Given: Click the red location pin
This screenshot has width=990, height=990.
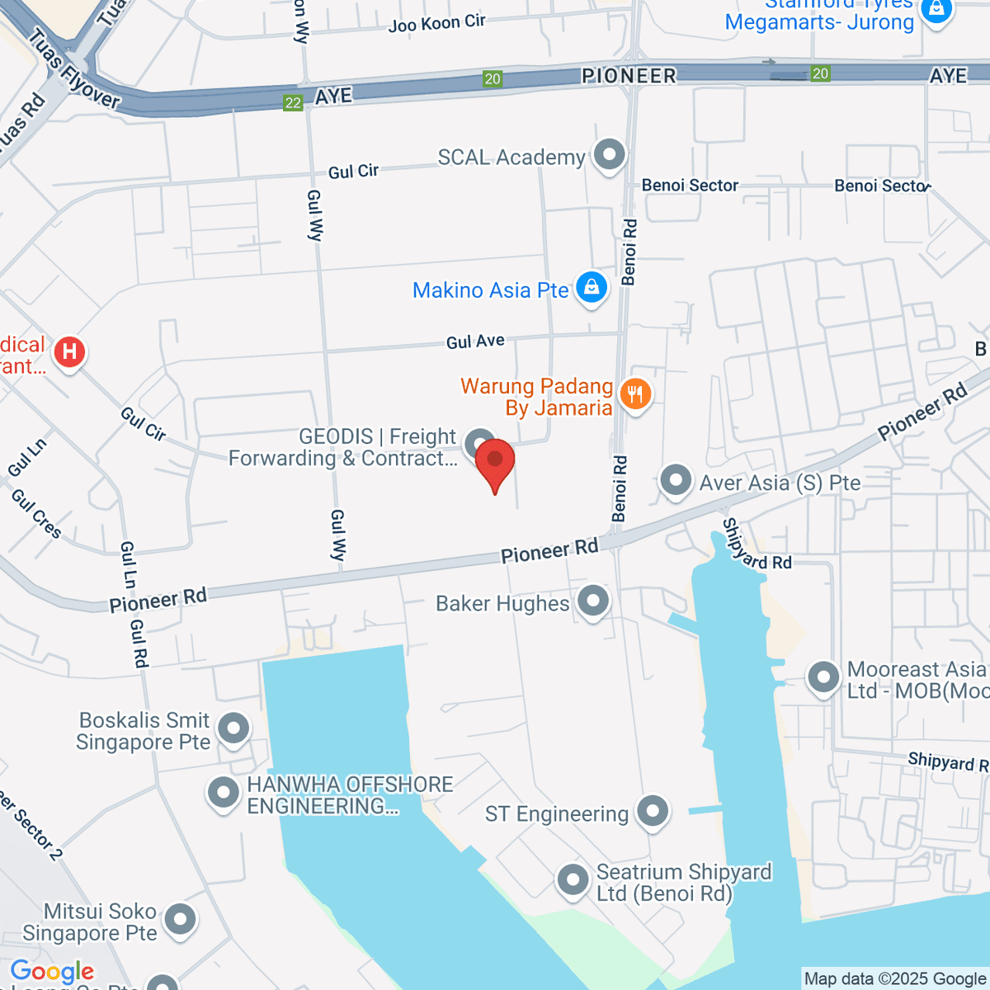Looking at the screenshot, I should (495, 460).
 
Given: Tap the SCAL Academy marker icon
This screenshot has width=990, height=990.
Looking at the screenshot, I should (610, 154).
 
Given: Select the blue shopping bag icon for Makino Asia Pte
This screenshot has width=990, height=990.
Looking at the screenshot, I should (592, 288).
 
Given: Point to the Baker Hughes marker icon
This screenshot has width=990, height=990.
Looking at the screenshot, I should (593, 601).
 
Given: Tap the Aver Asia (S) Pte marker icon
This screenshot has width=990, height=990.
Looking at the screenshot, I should (676, 479).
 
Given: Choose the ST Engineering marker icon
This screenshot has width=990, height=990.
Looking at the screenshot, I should (653, 811).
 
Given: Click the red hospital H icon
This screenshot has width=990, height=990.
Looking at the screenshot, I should (69, 352).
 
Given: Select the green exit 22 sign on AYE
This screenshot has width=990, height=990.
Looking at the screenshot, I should (293, 102).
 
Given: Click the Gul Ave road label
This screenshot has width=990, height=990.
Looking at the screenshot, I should (475, 341).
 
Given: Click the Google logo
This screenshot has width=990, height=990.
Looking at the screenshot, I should (52, 972).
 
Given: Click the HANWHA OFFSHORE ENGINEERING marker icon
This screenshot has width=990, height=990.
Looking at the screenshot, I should (224, 793).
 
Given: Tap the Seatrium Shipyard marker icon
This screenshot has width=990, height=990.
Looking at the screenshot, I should (573, 880).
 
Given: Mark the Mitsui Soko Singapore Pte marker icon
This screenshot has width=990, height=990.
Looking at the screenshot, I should (180, 919).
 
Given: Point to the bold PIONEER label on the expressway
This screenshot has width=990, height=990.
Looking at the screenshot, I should (629, 76).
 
